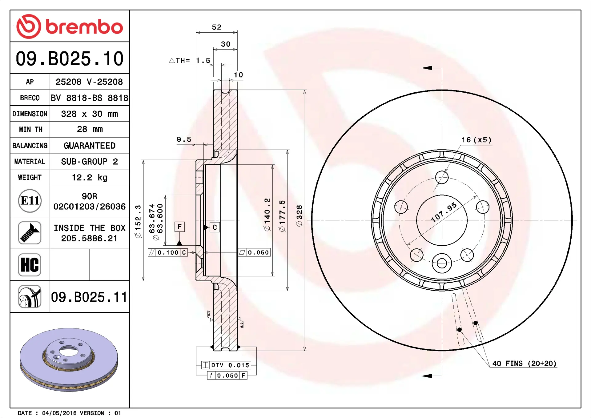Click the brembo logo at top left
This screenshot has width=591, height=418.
tap(70, 26)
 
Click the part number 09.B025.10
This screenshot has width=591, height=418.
tap(70, 58)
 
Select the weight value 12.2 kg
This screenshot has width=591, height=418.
tap(89, 178)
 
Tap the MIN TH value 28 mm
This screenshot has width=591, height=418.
tap(89, 129)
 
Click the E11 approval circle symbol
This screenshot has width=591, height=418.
tap(30, 201)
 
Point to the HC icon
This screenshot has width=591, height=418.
tap(30, 265)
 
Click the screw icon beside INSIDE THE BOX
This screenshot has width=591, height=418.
tap(30, 233)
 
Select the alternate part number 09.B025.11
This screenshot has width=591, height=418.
tap(89, 297)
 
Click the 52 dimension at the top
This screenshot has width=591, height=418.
tap(216, 27)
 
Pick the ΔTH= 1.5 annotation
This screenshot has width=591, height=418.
tap(190, 61)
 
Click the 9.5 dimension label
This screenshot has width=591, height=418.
tap(184, 140)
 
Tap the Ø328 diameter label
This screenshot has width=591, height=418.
tap(299, 216)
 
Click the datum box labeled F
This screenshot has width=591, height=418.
tap(179, 227)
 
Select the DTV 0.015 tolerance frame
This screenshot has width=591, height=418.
tap(226, 365)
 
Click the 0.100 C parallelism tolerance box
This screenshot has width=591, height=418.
tap(168, 253)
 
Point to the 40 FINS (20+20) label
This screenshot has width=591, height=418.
tap(524, 364)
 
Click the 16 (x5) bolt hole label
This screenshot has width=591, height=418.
tap(476, 140)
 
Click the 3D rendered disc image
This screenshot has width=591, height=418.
tap(69, 360)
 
